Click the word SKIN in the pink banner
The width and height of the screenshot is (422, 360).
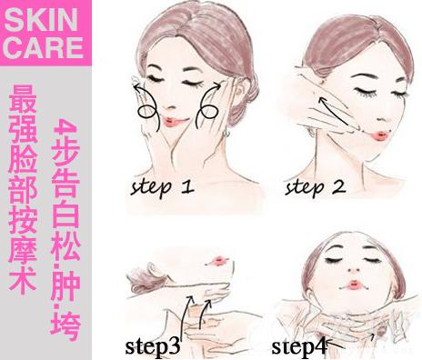pos(41,20)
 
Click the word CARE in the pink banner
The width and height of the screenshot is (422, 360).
pos(44,47)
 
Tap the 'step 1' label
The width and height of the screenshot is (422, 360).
pos(162,187)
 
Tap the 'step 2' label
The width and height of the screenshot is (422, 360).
pos(316,187)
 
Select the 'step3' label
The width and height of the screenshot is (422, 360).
pos(153,346)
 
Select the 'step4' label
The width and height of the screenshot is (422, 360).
pos(299,346)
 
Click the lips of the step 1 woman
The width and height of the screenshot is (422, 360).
pos(173,122)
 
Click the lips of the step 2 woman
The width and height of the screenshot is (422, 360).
pos(380,135)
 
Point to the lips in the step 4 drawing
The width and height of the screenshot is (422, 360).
pos(354,285)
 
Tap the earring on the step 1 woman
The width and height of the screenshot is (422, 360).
pos(226,134)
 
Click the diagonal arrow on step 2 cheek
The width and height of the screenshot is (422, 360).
pos(334,111)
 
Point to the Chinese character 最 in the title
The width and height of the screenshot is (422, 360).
pos(23,98)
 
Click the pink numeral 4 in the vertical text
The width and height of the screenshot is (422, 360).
pos(65,126)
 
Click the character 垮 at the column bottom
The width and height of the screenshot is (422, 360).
pos(65,326)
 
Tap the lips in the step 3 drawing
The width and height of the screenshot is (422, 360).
pos(220,261)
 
